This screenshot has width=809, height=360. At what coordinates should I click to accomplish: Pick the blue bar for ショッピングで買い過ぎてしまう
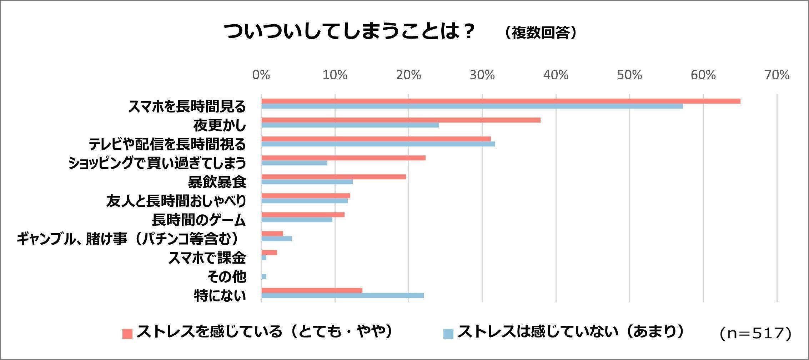click(294, 163)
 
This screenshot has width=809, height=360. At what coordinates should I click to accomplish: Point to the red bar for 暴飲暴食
click(333, 177)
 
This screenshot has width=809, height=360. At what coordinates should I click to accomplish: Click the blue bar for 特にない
click(342, 296)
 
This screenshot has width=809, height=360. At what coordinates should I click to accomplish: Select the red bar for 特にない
click(312, 290)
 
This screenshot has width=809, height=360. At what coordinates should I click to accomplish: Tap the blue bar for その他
click(264, 277)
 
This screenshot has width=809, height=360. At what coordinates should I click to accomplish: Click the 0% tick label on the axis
click(261, 75)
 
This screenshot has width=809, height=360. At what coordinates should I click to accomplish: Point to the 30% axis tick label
click(482, 75)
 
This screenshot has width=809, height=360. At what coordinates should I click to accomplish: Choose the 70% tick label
click(777, 75)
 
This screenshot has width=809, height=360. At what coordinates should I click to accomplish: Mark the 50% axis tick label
click(629, 75)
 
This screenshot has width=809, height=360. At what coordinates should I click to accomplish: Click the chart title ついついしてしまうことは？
click(349, 32)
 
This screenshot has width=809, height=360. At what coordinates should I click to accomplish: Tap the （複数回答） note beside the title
click(541, 33)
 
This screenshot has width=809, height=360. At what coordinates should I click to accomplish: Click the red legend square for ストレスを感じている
click(127, 334)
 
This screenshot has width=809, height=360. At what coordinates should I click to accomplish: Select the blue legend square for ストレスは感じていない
click(448, 334)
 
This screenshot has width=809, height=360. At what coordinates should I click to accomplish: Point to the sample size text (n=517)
click(755, 334)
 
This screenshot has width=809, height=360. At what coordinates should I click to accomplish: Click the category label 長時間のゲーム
click(199, 220)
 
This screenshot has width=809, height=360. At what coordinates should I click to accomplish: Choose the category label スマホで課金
click(207, 258)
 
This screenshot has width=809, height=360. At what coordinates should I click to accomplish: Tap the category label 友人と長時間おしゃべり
click(176, 201)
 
